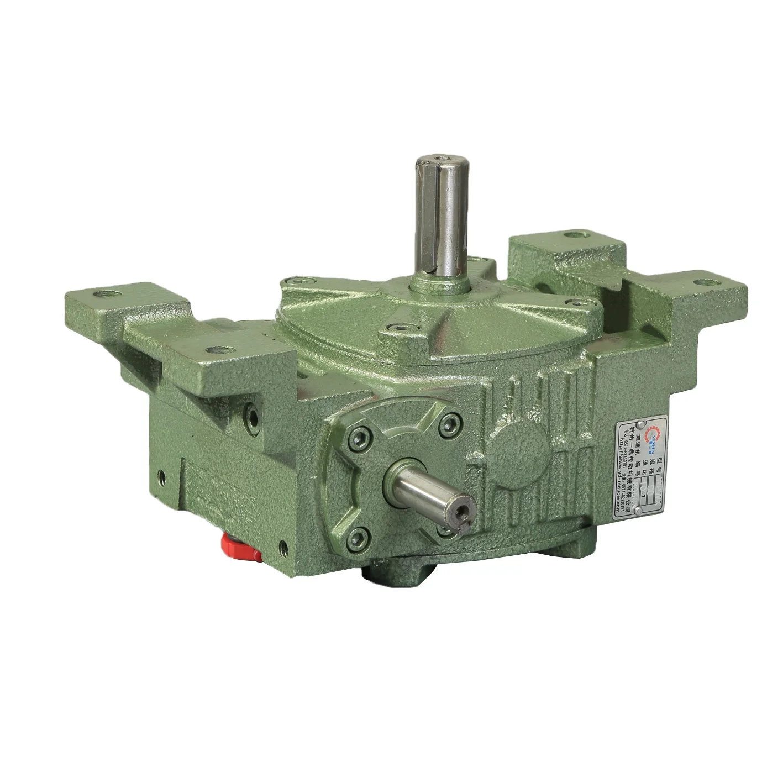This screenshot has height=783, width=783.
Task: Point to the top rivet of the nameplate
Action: [x=639, y=424]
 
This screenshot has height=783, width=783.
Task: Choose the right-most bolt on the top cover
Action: [x=575, y=303]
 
